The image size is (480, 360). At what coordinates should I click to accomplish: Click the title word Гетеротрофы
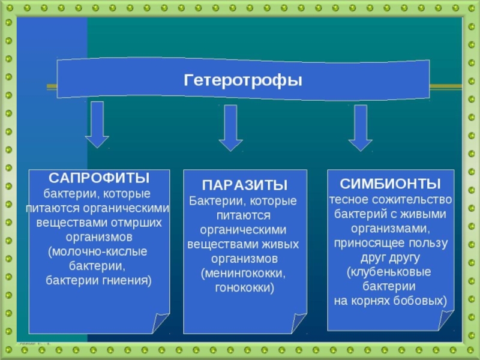tap(242, 79)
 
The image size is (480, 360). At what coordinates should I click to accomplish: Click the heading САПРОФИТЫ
tap(99, 178)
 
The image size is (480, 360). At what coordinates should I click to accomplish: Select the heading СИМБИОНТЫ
tap(391, 183)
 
